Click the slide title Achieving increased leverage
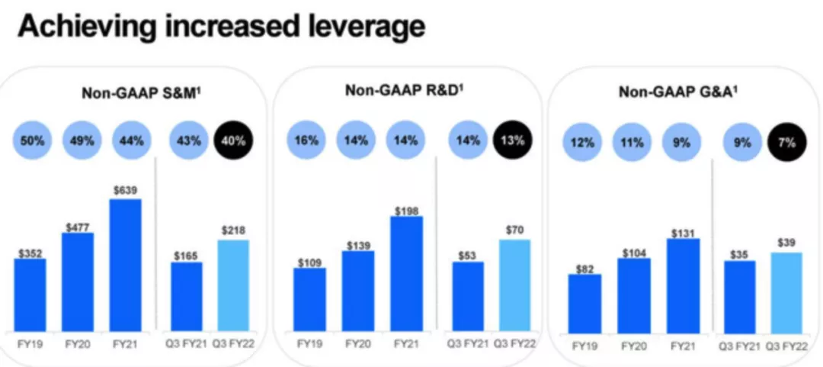220,27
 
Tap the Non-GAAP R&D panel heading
405,92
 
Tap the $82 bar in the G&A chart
584,303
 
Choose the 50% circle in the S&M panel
32,140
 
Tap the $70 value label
514,230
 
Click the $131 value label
683,230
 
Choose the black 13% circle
514,140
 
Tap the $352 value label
30,250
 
